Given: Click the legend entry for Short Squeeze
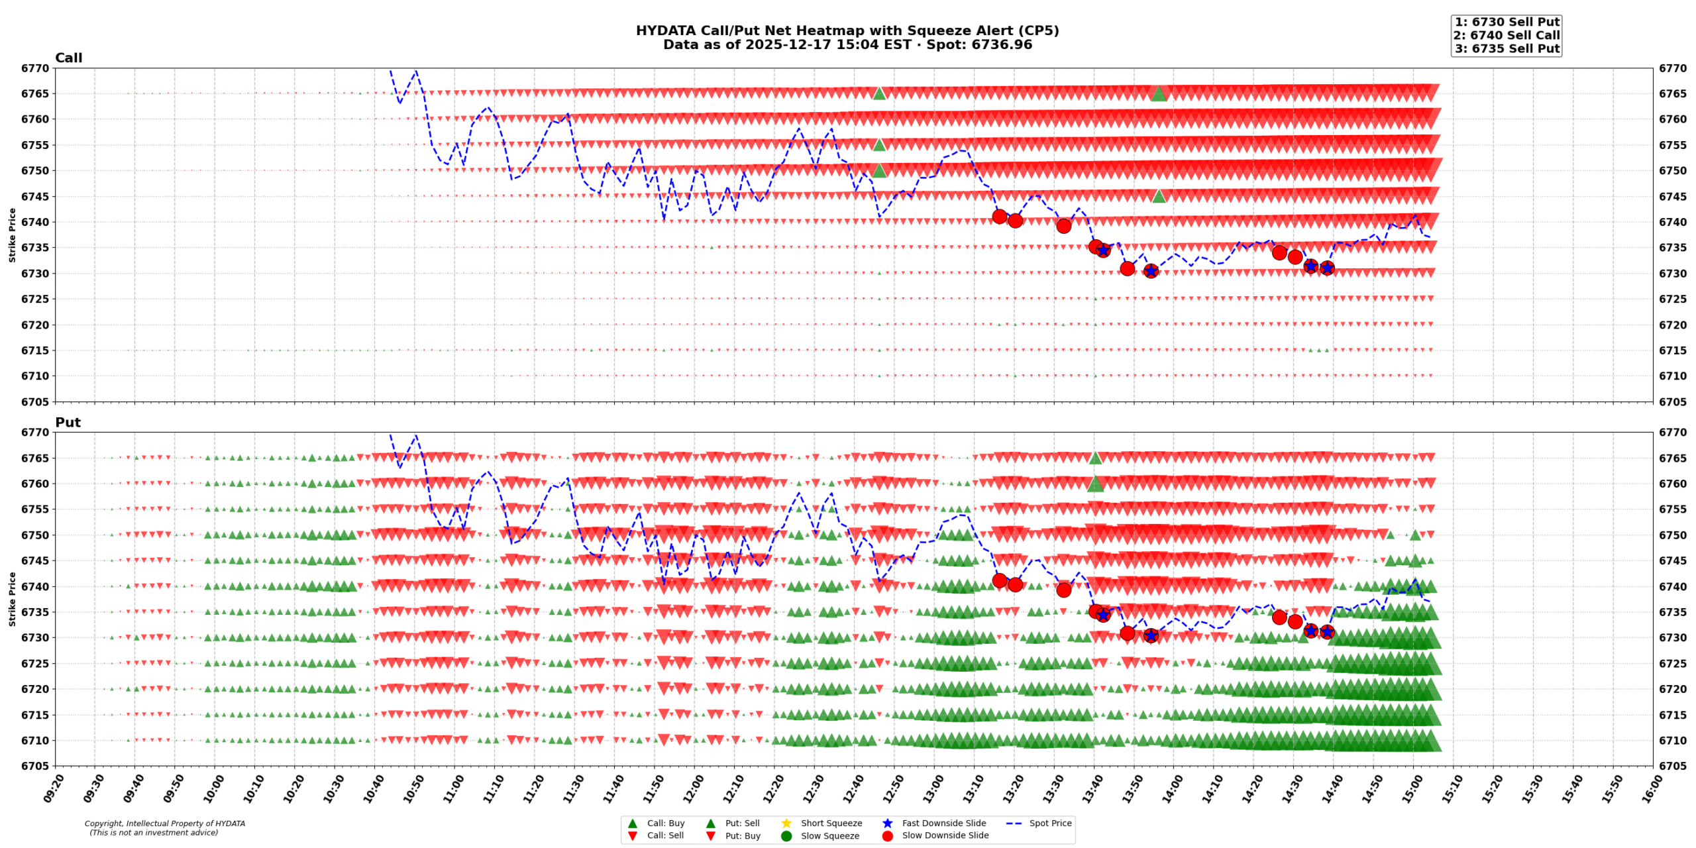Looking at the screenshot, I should pyautogui.click(x=831, y=823).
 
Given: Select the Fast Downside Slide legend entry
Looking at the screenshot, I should pyautogui.click(x=943, y=823).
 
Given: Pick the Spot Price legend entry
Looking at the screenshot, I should pyautogui.click(x=1049, y=823).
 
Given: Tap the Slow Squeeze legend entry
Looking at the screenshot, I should pyautogui.click(x=829, y=835).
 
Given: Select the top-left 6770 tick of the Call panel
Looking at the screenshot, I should pyautogui.click(x=34, y=68).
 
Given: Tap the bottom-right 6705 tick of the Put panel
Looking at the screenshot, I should pyautogui.click(x=1672, y=766).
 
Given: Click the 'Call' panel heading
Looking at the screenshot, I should pyautogui.click(x=68, y=58).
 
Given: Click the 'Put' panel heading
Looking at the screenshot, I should pyautogui.click(x=68, y=423).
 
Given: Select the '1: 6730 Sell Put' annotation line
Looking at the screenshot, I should pyautogui.click(x=1506, y=22).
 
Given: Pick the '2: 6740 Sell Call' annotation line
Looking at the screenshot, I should pyautogui.click(x=1506, y=35).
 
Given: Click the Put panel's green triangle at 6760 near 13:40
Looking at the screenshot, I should pyautogui.click(x=1095, y=484).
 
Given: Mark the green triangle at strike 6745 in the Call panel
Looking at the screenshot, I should pyautogui.click(x=1159, y=196).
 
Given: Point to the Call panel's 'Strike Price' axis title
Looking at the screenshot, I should pyautogui.click(x=12, y=235).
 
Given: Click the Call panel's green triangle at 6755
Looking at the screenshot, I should pyautogui.click(x=879, y=145).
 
